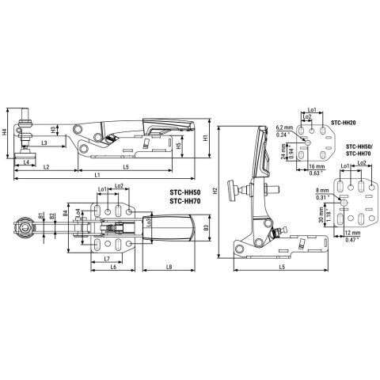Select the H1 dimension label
pos(205,138)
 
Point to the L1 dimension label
pos(97,174)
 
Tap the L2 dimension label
pos(47,168)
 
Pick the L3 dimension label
pos(45,142)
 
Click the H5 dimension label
pos(179,146)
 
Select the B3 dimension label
pos(204,229)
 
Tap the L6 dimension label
pos(113,267)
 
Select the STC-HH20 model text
pos(343,123)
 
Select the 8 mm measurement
pos(321,191)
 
